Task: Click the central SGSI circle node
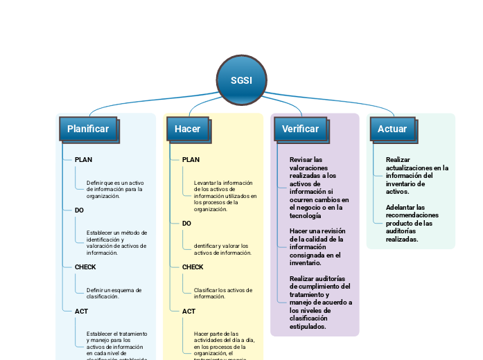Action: click(x=241, y=80)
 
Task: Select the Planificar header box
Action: click(x=88, y=129)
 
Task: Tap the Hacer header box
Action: click(x=187, y=129)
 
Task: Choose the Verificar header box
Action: click(x=301, y=129)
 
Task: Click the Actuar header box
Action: click(x=392, y=129)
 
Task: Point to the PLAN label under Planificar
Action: click(x=83, y=160)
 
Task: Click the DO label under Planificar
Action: click(x=79, y=210)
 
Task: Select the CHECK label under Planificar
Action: click(x=85, y=267)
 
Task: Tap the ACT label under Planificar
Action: click(x=81, y=312)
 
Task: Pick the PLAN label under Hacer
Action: click(x=191, y=160)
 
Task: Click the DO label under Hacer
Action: click(x=186, y=224)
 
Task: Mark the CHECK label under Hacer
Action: click(x=193, y=267)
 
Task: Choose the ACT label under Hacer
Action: click(x=188, y=312)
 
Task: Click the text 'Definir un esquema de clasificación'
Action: click(x=114, y=293)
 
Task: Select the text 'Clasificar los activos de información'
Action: click(x=223, y=293)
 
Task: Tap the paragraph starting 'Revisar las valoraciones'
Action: click(x=319, y=187)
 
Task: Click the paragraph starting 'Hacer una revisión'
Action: click(x=318, y=246)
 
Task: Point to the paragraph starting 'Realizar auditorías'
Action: click(x=320, y=303)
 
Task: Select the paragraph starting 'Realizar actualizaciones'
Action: click(x=416, y=175)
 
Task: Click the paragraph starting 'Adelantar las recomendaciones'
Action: click(x=412, y=223)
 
